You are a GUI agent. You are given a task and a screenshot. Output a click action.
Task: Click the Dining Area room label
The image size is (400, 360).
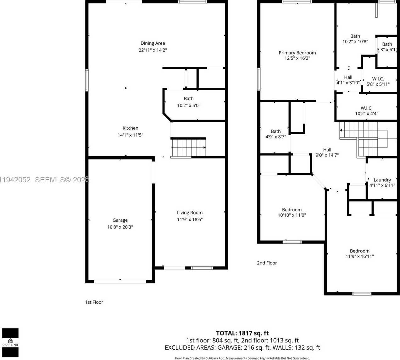click(153, 43)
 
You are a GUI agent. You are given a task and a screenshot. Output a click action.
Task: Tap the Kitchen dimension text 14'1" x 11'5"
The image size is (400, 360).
click(130, 135)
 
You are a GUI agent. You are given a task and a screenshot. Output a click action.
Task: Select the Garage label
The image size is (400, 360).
click(120, 220)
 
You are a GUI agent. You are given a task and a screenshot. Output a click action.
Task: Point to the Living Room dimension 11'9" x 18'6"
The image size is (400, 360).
click(190, 219)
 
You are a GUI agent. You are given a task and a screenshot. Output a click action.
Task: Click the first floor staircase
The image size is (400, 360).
click(188, 147)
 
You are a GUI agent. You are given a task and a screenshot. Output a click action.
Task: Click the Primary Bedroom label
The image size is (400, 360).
click(297, 53)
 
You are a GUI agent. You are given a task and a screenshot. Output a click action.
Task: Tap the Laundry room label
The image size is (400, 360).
click(382, 180)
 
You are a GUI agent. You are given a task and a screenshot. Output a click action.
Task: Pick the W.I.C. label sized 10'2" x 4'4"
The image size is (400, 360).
click(366, 108)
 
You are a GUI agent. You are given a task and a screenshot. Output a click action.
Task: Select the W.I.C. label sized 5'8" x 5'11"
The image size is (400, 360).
click(378, 79)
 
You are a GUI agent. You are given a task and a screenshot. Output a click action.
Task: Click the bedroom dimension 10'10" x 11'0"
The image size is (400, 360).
click(292, 215)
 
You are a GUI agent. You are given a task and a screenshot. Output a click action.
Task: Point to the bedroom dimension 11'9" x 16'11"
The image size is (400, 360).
click(359, 256)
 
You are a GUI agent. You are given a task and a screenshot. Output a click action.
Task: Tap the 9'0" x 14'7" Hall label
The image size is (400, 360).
click(327, 150)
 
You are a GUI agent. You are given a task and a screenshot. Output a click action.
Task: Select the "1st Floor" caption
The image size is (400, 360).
click(94, 302)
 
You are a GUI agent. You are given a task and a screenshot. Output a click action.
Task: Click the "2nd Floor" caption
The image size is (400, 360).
click(267, 263)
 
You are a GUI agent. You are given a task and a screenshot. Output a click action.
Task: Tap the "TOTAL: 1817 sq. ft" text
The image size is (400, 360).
click(242, 333)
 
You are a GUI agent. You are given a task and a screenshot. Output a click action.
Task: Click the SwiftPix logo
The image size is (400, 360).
click(10, 343)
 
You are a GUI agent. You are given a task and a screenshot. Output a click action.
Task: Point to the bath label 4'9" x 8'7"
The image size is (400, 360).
click(275, 131)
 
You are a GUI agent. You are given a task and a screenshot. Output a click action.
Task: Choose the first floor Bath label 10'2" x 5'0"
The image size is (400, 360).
click(189, 99)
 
